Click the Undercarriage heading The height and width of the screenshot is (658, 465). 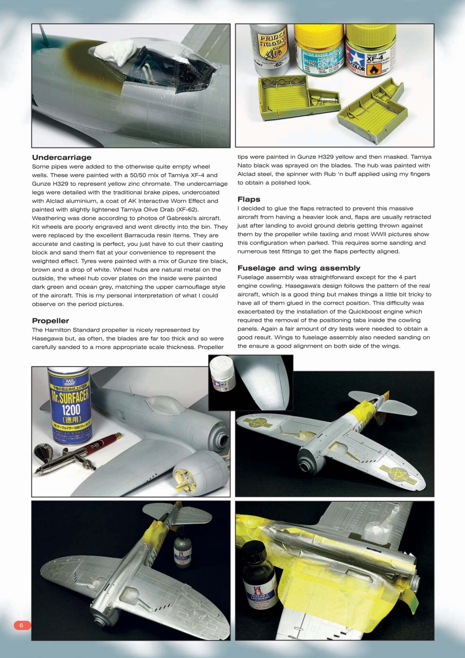tap(62, 157)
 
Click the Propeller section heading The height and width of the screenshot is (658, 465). tap(50, 321)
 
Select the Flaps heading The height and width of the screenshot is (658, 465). tap(249, 199)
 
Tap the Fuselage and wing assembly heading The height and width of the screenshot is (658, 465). tap(299, 268)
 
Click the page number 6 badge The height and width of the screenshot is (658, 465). tap(22, 625)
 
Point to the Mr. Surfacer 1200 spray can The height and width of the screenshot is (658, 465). tap(69, 406)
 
